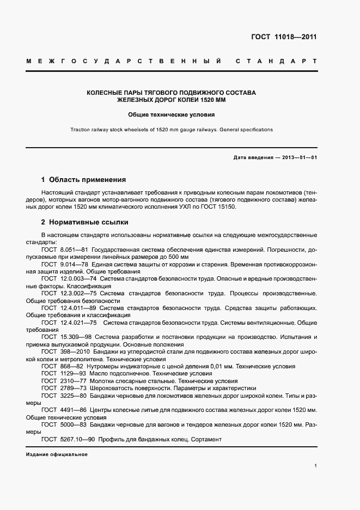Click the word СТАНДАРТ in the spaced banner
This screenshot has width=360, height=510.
(276, 62)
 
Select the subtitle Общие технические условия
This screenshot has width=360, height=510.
(172, 115)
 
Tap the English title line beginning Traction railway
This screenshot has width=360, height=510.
(172, 130)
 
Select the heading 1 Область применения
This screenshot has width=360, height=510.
(84, 179)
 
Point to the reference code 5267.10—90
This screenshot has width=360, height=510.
(78, 440)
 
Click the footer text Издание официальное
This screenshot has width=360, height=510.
(57, 454)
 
